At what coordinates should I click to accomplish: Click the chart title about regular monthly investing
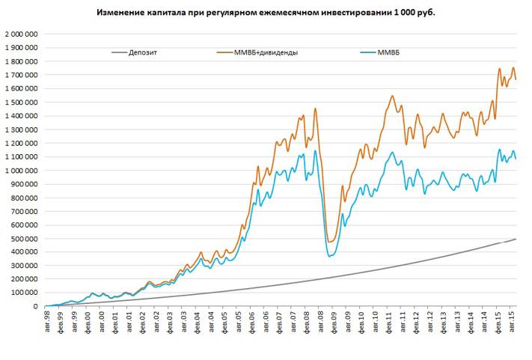click(265, 13)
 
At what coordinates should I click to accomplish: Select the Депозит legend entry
click(142, 53)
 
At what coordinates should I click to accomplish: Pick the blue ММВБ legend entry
click(390, 53)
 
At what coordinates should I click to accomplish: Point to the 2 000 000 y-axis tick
click(22, 34)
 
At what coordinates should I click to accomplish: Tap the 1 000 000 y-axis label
click(22, 171)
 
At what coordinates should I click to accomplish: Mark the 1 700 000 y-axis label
click(22, 75)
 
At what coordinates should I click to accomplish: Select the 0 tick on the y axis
click(35, 306)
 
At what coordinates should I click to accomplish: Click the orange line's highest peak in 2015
click(500, 69)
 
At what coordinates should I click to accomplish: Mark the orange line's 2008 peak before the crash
click(315, 109)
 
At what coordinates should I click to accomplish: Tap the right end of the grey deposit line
click(516, 239)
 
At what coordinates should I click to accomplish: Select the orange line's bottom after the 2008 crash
click(331, 242)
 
